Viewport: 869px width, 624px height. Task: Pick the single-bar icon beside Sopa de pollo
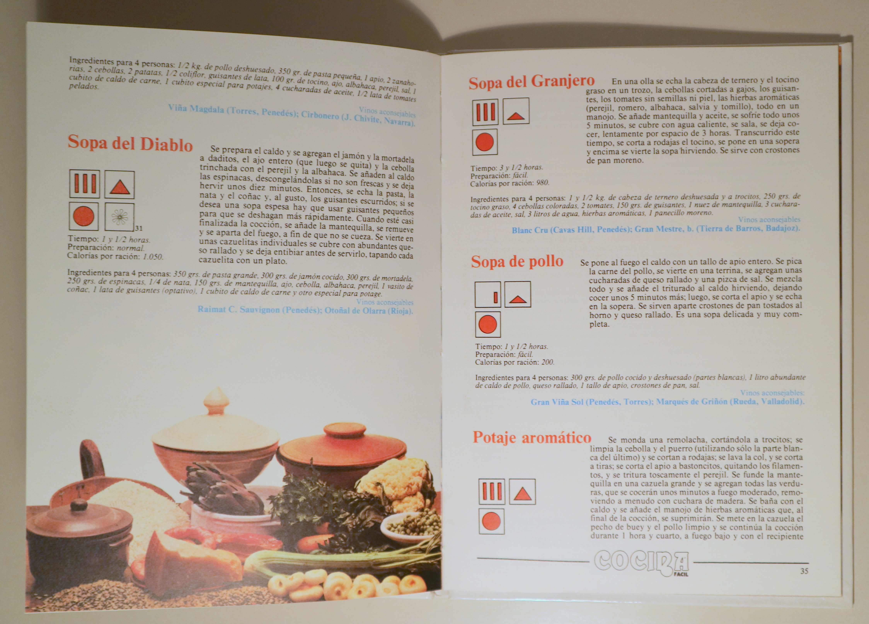(488, 295)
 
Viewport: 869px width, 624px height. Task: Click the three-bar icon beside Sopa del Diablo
(85, 184)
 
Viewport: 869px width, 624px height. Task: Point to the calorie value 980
(543, 183)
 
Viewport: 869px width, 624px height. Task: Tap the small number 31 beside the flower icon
(139, 228)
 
